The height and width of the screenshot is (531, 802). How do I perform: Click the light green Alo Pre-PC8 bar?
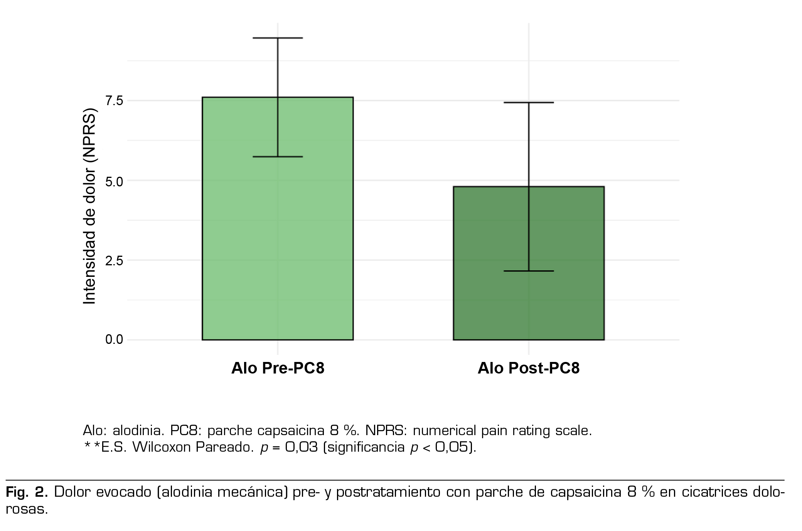point(239,231)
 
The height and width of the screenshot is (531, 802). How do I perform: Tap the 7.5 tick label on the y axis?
point(114,101)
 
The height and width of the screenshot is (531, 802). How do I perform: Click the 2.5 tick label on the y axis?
point(114,261)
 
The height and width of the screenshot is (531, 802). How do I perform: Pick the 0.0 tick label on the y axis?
point(114,340)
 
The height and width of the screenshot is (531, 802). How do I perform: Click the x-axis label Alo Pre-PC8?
point(278,368)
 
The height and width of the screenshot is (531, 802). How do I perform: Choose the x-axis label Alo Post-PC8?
point(528,368)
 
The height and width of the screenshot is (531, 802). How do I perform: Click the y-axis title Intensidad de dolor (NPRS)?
point(89,206)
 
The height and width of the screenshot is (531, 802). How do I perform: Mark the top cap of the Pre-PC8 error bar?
point(278,38)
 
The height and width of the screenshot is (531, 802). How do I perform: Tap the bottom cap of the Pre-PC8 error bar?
point(278,157)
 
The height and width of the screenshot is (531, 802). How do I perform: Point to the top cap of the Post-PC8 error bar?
point(528,102)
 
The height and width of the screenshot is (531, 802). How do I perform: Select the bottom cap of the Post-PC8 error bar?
point(528,271)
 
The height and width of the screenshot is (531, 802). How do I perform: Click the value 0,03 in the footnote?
point(301,447)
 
